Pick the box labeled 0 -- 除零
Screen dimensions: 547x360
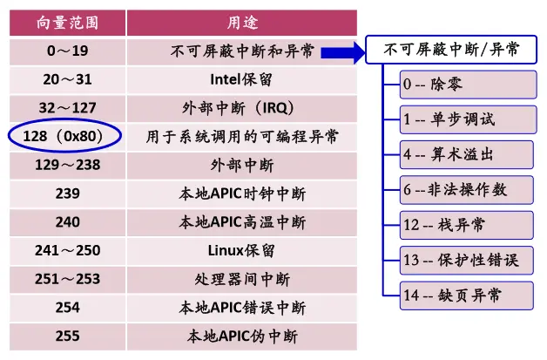coord(468,85)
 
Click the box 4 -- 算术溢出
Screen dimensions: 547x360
coord(468,154)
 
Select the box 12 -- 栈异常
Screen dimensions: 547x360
coord(468,225)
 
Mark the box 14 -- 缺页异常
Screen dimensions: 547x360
coord(468,295)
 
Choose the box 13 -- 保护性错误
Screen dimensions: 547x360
coord(468,260)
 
